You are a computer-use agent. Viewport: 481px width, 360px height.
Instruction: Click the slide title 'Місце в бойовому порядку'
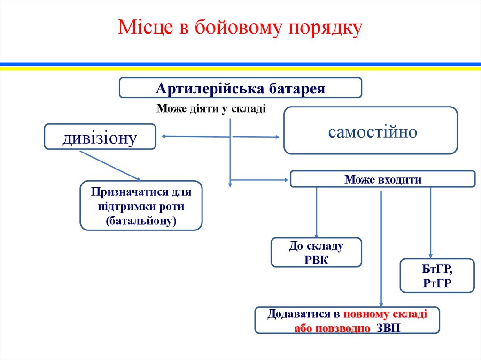coord(240,28)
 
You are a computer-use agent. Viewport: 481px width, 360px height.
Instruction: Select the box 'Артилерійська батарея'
coord(240,88)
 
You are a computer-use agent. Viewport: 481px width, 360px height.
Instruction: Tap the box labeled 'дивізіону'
coord(100,137)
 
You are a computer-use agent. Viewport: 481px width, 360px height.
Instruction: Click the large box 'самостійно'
coord(370,131)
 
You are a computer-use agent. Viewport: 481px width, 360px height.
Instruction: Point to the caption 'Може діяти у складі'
coord(211,109)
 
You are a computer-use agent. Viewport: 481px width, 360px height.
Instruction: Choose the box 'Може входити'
coord(382,179)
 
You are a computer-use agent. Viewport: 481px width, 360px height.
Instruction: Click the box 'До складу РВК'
coord(316,253)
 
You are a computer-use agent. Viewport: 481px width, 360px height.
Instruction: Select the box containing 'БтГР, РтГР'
coord(437,276)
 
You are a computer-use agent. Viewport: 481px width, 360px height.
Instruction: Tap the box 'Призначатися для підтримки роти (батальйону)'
coord(141,206)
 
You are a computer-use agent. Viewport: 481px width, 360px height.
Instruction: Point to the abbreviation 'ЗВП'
coord(388,327)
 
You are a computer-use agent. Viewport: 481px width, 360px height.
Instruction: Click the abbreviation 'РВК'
coord(316,260)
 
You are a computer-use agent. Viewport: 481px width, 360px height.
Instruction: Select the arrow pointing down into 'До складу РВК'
coord(316,211)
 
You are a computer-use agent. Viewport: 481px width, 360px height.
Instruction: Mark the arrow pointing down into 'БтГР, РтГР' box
coord(431,221)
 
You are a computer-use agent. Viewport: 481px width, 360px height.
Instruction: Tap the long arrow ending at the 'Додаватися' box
coord(381,244)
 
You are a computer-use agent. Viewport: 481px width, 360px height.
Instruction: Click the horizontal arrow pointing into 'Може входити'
coord(258,179)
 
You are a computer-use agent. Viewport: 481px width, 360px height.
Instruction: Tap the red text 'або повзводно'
coord(332,327)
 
